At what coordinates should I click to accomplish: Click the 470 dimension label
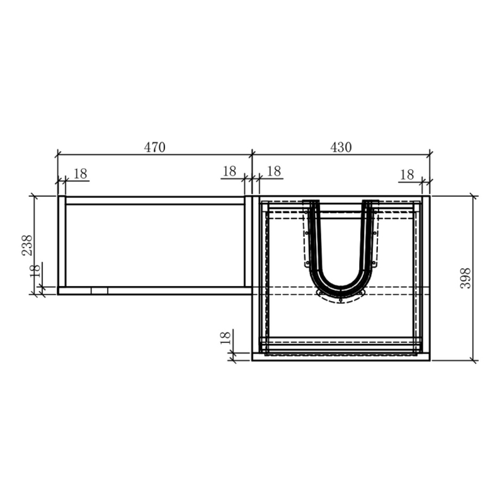click(x=154, y=147)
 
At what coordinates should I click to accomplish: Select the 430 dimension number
click(x=341, y=147)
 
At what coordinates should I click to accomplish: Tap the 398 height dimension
click(x=466, y=278)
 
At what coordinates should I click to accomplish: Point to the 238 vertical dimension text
click(x=27, y=245)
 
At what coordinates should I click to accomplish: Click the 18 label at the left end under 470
click(x=81, y=174)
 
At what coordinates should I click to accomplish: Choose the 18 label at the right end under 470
click(x=229, y=171)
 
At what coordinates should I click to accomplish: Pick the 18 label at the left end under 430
click(x=274, y=171)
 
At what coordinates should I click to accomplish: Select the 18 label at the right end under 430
click(x=407, y=175)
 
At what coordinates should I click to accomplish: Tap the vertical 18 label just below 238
click(x=36, y=271)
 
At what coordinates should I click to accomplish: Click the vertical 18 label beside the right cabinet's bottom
click(x=226, y=338)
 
